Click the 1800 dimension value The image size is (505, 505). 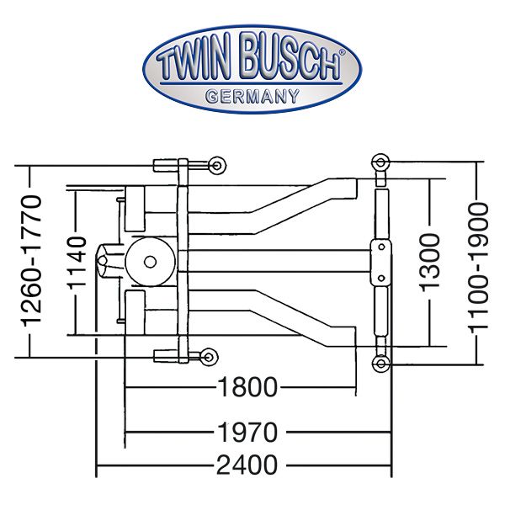[247, 387]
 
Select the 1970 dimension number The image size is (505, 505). [247, 432]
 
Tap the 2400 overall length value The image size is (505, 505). [247, 465]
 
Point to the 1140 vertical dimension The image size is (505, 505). [77, 262]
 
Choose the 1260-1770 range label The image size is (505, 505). [32, 261]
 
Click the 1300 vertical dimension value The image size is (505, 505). [429, 263]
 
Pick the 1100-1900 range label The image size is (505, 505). [478, 266]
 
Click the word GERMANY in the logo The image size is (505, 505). [252, 96]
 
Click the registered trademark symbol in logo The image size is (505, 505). [342, 52]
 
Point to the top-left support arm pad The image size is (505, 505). [217, 166]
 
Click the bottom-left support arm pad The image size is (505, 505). [209, 357]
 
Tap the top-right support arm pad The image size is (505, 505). [380, 162]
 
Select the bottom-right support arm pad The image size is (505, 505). [380, 364]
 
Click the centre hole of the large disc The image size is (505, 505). [150, 262]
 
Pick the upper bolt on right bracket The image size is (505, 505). [381, 247]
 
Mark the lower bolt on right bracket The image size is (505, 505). [381, 278]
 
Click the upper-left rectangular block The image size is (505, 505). [135, 209]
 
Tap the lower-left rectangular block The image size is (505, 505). [135, 312]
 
